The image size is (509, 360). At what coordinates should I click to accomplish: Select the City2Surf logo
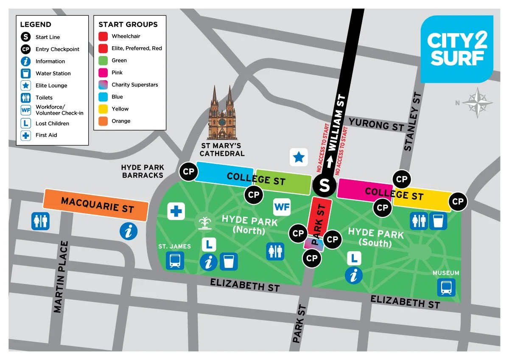tap(457, 49)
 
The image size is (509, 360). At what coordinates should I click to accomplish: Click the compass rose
tap(478, 103)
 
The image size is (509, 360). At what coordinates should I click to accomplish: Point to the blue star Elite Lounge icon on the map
tap(299, 157)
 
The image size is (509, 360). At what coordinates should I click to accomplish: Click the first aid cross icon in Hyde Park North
tap(176, 211)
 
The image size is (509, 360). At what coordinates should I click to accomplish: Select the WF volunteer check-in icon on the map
tap(282, 207)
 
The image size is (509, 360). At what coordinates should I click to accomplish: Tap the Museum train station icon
tap(446, 287)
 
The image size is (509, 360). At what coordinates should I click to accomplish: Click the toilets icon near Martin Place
tap(40, 221)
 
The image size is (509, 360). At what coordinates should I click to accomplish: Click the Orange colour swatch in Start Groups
tap(103, 121)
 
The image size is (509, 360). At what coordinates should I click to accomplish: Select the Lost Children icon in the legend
tap(26, 124)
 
